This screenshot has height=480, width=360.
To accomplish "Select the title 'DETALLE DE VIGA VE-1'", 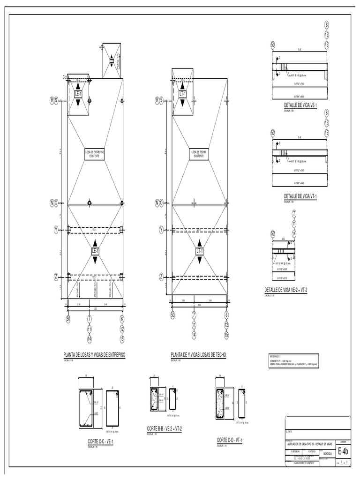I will (300, 105).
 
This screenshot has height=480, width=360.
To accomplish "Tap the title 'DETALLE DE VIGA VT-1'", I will (300, 196).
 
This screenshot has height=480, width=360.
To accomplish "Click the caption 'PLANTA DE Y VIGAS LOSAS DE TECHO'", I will (199, 355).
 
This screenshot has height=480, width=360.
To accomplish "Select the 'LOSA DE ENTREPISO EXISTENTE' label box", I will (95, 154).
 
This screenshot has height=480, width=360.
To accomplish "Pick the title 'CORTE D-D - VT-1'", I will (229, 440).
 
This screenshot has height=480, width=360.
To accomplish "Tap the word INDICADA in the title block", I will (328, 453).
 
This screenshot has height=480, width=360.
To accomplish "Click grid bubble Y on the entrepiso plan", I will (56, 230).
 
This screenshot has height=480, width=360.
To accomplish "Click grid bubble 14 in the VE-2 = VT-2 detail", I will (294, 233).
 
